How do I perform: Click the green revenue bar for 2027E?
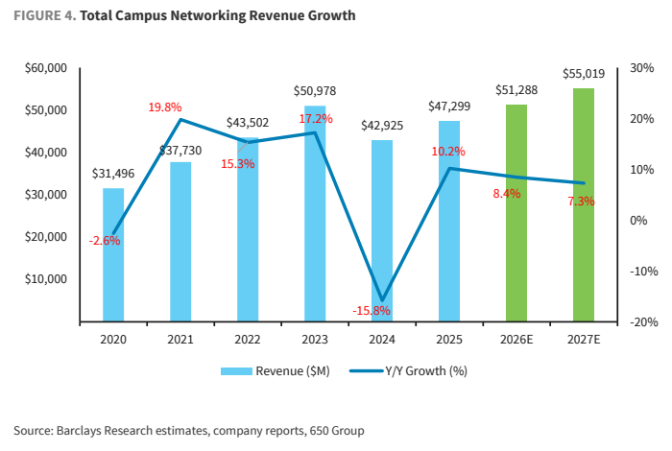[x=584, y=204]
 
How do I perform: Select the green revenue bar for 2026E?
[x=516, y=213]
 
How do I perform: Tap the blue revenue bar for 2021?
[x=180, y=242]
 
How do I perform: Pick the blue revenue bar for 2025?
[x=449, y=221]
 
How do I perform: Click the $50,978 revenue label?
[x=315, y=91]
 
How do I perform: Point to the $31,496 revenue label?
[x=113, y=174]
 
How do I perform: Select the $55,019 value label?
[x=584, y=74]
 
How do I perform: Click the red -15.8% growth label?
[x=372, y=311]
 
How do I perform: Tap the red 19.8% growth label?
[x=165, y=107]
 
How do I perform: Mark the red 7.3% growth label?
[x=581, y=202]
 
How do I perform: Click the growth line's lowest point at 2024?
[x=382, y=300]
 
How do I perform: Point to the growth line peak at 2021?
[x=180, y=119]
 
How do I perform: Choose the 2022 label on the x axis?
[x=248, y=340]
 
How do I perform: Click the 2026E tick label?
[x=516, y=340]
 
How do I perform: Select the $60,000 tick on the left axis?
[x=46, y=68]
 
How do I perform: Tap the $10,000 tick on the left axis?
[x=46, y=279]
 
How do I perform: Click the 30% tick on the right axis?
[x=641, y=68]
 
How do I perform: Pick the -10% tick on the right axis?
[x=644, y=272]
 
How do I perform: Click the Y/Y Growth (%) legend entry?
[x=408, y=371]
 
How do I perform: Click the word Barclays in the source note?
[x=79, y=431]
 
